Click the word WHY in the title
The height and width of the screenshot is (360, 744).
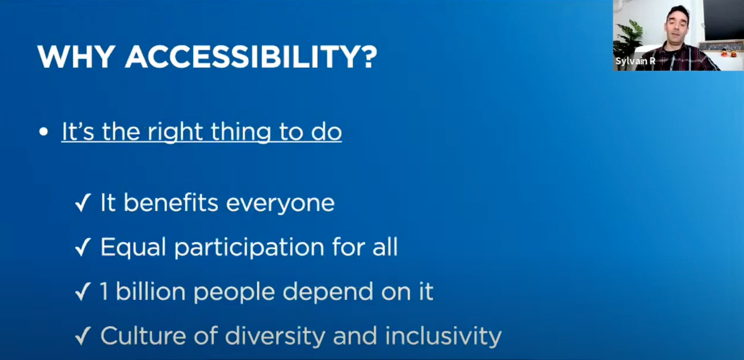(76, 57)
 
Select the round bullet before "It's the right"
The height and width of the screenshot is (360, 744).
(44, 132)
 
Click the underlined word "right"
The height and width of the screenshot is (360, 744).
(176, 132)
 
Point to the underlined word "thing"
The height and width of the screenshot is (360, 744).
(241, 132)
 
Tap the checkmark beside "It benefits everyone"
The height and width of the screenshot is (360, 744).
(83, 203)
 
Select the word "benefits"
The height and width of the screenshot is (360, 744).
(171, 203)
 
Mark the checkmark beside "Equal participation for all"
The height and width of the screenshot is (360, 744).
(83, 247)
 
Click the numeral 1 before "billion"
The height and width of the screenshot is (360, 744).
(104, 291)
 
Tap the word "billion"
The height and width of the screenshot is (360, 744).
(151, 291)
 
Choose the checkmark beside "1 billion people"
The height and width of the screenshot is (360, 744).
(83, 292)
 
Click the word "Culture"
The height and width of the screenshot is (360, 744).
(143, 336)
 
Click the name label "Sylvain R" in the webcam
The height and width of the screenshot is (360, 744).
(635, 61)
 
